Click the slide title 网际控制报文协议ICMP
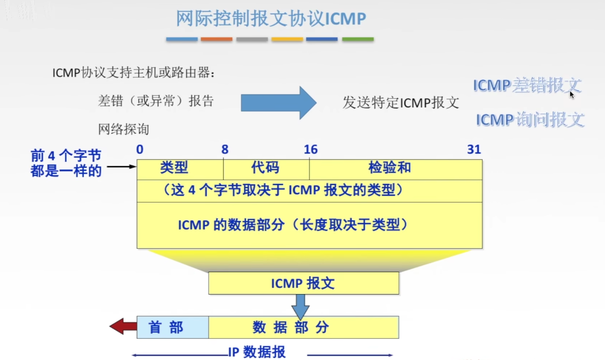tap(271, 19)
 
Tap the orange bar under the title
tap(216, 39)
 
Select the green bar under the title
tap(358, 39)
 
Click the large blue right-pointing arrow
tap(278, 103)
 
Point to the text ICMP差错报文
tap(527, 85)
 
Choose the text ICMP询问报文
tap(530, 120)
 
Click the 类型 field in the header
tap(174, 168)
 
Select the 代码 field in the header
tap(265, 168)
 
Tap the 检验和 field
tap(390, 168)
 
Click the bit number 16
tap(310, 150)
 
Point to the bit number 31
tap(474, 150)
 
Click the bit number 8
tap(225, 150)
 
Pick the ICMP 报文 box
tap(303, 283)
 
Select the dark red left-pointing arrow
tap(123, 326)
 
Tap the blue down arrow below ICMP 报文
tap(300, 306)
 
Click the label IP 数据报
tap(257, 352)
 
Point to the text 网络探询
tap(123, 129)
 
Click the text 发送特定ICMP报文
tap(401, 103)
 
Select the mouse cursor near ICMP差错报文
tap(572, 95)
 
